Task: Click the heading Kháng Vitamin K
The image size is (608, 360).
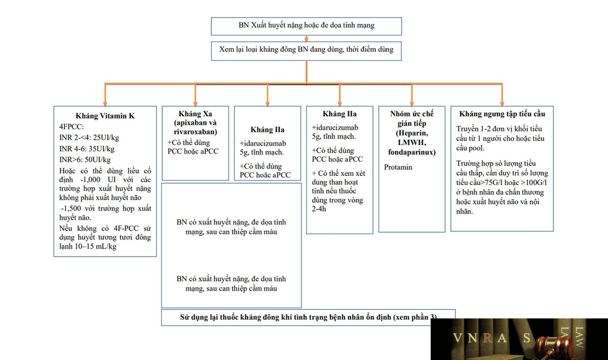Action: (x=105, y=116)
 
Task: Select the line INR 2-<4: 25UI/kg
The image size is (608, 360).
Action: (x=89, y=137)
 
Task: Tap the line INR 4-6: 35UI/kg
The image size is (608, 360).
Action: (x=87, y=149)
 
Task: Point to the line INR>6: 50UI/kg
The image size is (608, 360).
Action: (x=85, y=160)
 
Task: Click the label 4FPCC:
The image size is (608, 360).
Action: (x=71, y=127)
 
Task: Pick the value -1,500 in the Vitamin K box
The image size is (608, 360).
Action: (x=71, y=208)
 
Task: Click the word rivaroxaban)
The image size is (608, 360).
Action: (x=196, y=132)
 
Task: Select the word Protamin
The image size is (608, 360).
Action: (x=398, y=167)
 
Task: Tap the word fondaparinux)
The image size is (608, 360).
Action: (x=412, y=152)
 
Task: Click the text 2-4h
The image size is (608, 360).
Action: (x=319, y=209)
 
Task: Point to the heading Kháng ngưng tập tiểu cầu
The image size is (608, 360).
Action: (x=502, y=114)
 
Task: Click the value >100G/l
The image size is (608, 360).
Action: (x=534, y=183)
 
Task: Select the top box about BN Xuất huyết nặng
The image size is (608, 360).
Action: (x=306, y=26)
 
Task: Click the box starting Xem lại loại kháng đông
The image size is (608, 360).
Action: (x=306, y=51)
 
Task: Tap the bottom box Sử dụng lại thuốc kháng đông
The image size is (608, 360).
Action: (x=308, y=317)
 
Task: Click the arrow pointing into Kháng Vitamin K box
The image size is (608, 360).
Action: (x=105, y=94)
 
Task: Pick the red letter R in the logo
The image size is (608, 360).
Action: (x=487, y=338)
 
